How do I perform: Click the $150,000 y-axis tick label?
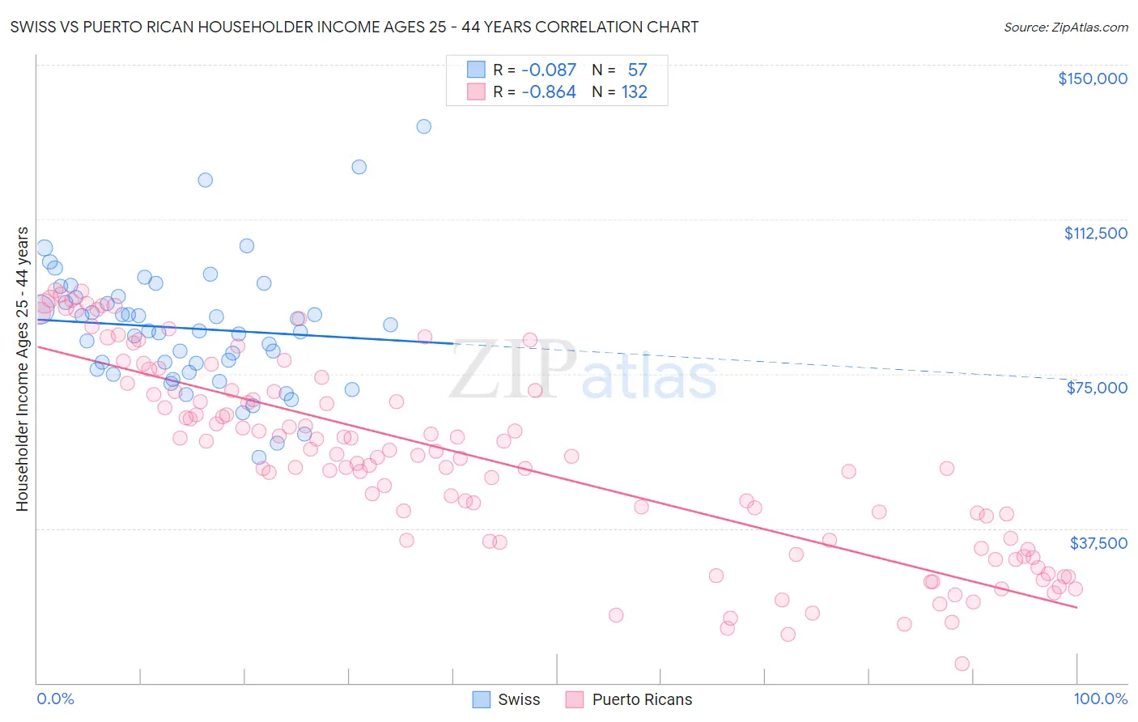pyautogui.click(x=1092, y=79)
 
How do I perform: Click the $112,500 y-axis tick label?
pyautogui.click(x=1095, y=233)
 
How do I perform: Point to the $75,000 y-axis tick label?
pyautogui.click(x=1097, y=388)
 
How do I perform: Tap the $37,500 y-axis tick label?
pyautogui.click(x=1098, y=543)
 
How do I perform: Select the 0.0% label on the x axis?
pyautogui.click(x=55, y=699)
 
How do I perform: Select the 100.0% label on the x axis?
pyautogui.click(x=1100, y=699)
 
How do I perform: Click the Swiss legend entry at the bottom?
pyautogui.click(x=518, y=699)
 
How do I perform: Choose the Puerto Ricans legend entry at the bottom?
pyautogui.click(x=642, y=699)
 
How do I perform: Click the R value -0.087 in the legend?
pyautogui.click(x=548, y=70)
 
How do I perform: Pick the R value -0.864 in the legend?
pyautogui.click(x=548, y=92)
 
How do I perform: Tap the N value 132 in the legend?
pyautogui.click(x=634, y=92)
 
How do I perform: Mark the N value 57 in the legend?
pyautogui.click(x=637, y=70)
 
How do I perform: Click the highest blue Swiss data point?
pyautogui.click(x=423, y=126)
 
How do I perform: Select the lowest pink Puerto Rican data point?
pyautogui.click(x=962, y=664)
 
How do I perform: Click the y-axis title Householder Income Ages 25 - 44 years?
pyautogui.click(x=22, y=369)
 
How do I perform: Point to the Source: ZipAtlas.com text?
pyautogui.click(x=1065, y=28)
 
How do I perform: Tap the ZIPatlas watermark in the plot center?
pyautogui.click(x=583, y=372)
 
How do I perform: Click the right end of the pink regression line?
pyautogui.click(x=1076, y=607)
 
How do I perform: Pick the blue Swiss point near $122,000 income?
pyautogui.click(x=206, y=180)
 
